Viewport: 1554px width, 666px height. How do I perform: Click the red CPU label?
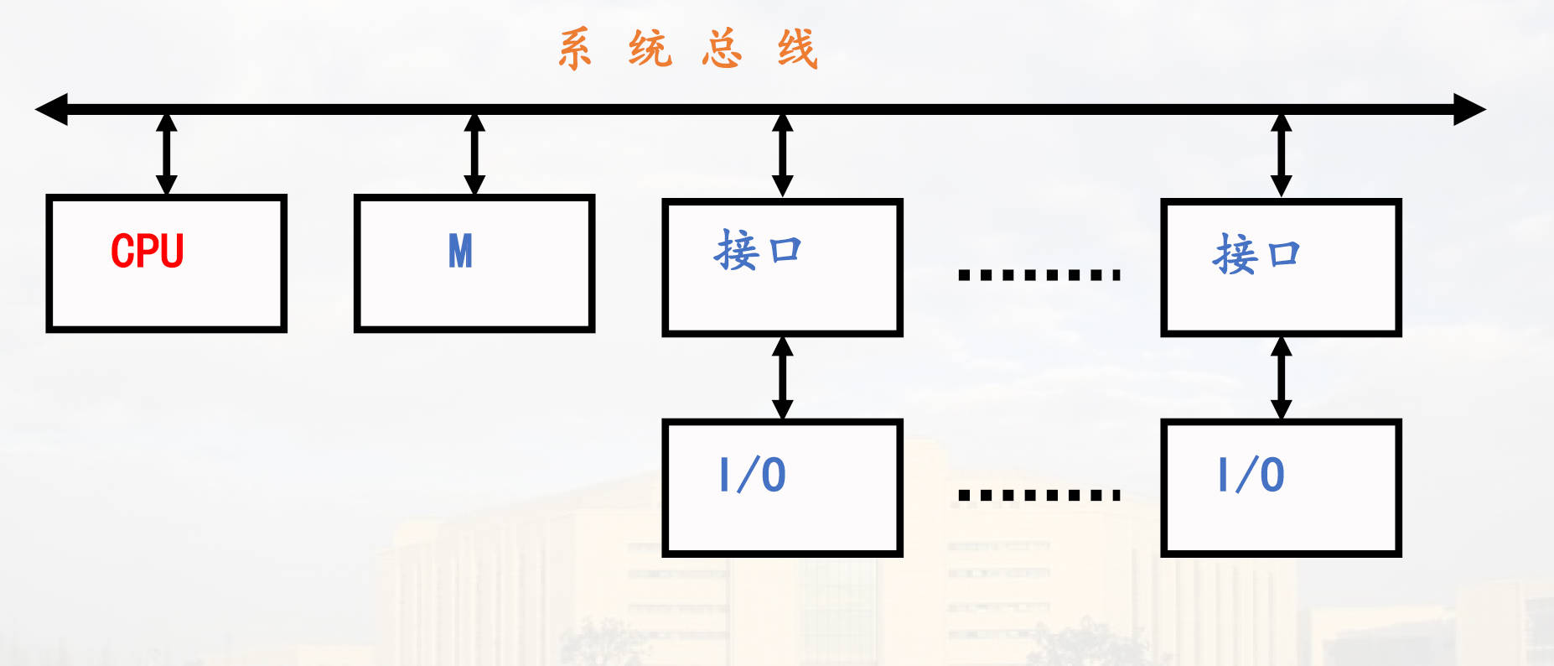coord(148,251)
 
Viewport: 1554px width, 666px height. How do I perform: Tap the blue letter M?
coord(460,251)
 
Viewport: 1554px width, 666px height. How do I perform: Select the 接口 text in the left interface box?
coord(758,251)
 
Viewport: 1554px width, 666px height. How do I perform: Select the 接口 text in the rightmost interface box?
coord(1256,254)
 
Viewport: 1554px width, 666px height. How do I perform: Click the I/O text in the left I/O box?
coord(753,475)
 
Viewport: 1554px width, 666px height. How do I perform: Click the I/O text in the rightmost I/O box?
coord(1251,475)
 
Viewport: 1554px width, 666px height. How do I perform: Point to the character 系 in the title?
coord(575,49)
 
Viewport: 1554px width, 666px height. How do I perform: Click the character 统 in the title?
coord(650,49)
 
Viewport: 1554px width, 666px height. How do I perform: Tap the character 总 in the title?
coord(723,49)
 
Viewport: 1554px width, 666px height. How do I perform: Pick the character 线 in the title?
coord(796,49)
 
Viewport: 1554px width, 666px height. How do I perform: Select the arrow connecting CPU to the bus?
coord(167,153)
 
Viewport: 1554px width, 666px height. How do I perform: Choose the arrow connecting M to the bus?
coord(474,153)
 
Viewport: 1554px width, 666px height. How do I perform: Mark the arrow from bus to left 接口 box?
coord(782,155)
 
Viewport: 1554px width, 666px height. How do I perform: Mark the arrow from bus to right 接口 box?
coord(1281,155)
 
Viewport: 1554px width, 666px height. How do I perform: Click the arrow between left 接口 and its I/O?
coord(782,377)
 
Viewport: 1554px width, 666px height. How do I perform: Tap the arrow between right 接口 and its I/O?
coord(1281,377)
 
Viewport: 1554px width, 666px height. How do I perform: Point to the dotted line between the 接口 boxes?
coord(1039,274)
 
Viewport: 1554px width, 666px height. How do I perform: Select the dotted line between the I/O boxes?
coord(1039,495)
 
